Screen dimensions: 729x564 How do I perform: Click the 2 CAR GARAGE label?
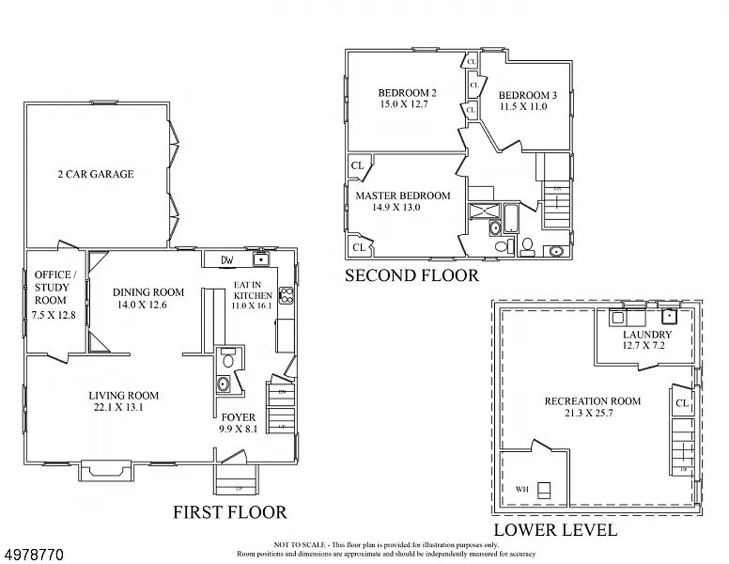[x=96, y=174]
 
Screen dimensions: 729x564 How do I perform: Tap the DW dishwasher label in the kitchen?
[x=226, y=260]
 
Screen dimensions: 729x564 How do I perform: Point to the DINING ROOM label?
[x=148, y=291]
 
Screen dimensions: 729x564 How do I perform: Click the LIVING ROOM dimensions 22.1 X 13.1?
[x=123, y=408]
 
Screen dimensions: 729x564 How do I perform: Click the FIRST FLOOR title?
[x=229, y=512]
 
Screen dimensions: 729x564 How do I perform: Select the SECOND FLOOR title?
[x=411, y=275]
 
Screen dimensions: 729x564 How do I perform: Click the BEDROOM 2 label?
[x=407, y=93]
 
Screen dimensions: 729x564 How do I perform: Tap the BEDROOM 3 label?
[x=527, y=95]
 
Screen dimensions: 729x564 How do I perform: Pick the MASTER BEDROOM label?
[x=402, y=196]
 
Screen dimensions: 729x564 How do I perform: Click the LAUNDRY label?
[x=646, y=335]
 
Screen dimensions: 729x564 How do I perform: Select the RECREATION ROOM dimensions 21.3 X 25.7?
[x=592, y=415]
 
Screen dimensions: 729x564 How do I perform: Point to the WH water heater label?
[x=521, y=490]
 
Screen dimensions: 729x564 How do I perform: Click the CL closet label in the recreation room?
[x=684, y=404]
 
